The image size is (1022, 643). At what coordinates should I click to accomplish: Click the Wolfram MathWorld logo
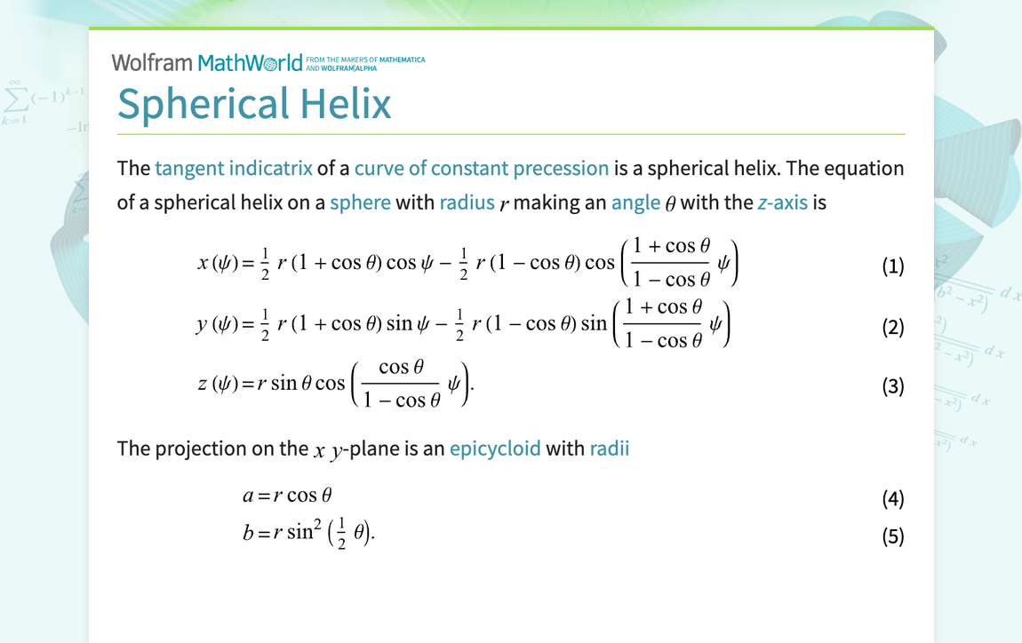click(213, 62)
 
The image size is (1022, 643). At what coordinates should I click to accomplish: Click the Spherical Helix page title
click(254, 103)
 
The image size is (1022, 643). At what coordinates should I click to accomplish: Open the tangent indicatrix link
click(233, 169)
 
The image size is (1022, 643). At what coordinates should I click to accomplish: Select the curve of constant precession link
click(481, 169)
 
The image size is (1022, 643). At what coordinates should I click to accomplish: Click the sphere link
click(360, 202)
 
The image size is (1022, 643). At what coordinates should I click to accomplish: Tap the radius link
click(467, 202)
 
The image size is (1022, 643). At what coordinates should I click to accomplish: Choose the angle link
click(635, 202)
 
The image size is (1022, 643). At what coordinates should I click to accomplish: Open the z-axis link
click(782, 202)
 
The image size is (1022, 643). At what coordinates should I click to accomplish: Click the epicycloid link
click(495, 449)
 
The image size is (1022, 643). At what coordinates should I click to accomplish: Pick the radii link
click(609, 449)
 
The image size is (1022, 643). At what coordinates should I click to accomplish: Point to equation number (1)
click(892, 266)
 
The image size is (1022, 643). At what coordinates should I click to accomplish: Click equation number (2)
click(892, 328)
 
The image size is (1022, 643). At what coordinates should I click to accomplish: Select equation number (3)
click(892, 386)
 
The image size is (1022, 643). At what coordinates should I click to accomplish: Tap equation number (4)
click(892, 498)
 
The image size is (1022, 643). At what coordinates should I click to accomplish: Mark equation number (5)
click(892, 536)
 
